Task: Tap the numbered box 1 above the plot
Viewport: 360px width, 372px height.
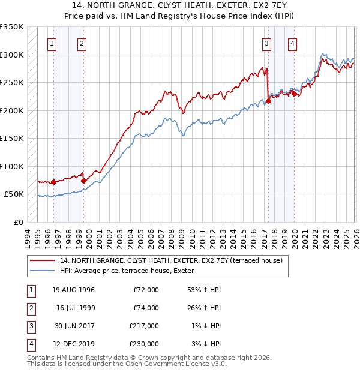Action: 53,43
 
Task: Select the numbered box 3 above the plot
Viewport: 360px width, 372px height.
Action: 266,43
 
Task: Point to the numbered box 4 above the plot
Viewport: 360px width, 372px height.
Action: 292,43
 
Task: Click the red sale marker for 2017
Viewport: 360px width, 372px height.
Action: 268,101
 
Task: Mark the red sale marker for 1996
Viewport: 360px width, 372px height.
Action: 53,182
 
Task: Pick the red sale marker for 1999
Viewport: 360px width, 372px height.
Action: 83,181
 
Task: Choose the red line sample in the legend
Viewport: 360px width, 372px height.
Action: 43,260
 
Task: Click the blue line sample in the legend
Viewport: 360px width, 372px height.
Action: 43,271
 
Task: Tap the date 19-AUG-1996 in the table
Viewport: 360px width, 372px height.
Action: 73,290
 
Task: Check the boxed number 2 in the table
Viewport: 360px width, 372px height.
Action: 29,308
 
